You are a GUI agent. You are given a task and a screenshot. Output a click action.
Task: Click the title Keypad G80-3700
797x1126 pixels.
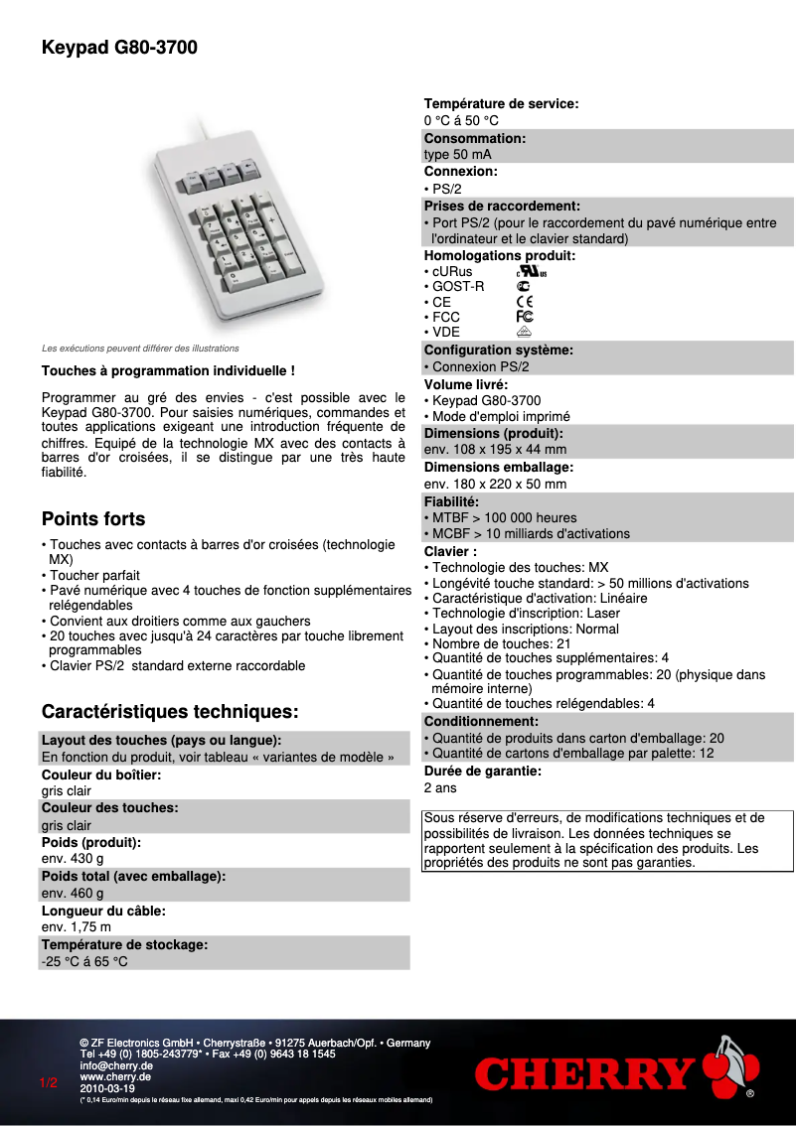[119, 47]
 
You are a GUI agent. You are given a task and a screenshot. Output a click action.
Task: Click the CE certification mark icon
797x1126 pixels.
[525, 302]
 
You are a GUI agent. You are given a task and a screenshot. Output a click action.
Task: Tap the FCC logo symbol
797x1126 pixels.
[525, 317]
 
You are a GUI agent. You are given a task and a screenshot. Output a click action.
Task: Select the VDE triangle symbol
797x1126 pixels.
[525, 333]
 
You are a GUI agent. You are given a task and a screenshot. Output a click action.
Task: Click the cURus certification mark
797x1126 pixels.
[531, 271]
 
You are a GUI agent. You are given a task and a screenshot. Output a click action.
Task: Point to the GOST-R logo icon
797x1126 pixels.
[523, 286]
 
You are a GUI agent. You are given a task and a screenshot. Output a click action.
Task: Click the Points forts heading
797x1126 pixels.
[93, 519]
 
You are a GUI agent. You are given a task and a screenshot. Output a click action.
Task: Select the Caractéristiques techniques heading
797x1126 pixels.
[170, 712]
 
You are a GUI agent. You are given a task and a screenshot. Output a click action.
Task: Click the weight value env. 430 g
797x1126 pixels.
[73, 859]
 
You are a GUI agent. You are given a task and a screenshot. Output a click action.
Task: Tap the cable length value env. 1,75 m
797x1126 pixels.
[77, 927]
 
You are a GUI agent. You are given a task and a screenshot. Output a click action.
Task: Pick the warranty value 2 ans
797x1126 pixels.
[440, 787]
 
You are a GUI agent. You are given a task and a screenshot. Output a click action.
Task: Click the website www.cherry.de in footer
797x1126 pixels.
[115, 1076]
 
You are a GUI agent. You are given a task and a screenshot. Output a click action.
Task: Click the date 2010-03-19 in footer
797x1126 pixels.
[107, 1087]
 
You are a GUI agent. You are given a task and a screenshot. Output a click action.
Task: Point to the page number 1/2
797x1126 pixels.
[49, 1082]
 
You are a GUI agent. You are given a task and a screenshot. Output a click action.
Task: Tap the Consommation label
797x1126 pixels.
[475, 139]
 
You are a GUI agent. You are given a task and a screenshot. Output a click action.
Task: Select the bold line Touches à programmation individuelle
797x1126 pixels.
[168, 371]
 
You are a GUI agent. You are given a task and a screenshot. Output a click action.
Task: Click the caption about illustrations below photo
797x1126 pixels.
[140, 349]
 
